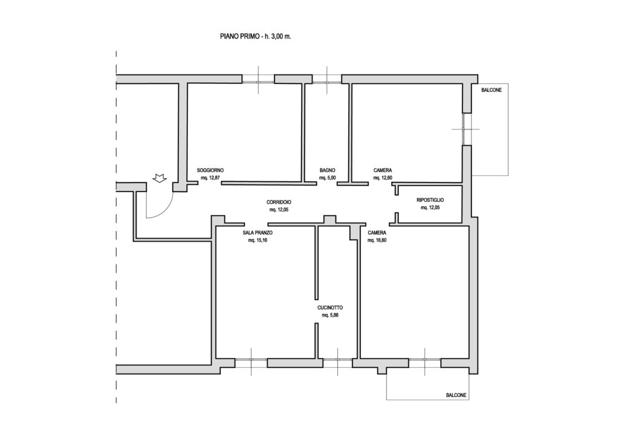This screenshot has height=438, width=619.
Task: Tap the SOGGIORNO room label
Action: pyautogui.click(x=210, y=170)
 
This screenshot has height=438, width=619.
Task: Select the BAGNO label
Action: pyautogui.click(x=328, y=170)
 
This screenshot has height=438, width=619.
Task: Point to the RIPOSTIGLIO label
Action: pyautogui.click(x=430, y=201)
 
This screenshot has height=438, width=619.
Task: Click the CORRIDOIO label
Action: pyautogui.click(x=279, y=202)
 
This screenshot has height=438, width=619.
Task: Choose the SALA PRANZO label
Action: pyautogui.click(x=258, y=233)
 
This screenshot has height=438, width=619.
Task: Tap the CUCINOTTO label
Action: pyautogui.click(x=330, y=308)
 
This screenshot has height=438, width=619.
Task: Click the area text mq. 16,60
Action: pyautogui.click(x=377, y=240)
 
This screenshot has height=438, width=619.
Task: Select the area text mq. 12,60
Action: pyautogui.click(x=383, y=178)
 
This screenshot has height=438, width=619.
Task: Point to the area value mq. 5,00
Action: pyautogui.click(x=328, y=178)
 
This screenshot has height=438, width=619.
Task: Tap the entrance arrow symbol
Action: pyautogui.click(x=160, y=178)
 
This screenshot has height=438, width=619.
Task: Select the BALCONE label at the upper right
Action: pyautogui.click(x=491, y=91)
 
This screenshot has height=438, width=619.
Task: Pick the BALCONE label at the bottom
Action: pyautogui.click(x=456, y=395)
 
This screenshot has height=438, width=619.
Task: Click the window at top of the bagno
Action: pyautogui.click(x=327, y=82)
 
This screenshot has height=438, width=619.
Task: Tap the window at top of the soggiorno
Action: pyautogui.click(x=258, y=82)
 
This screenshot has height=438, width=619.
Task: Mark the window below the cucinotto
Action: pyautogui.click(x=337, y=359)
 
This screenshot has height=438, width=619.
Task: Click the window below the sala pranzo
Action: pyautogui.click(x=251, y=359)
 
